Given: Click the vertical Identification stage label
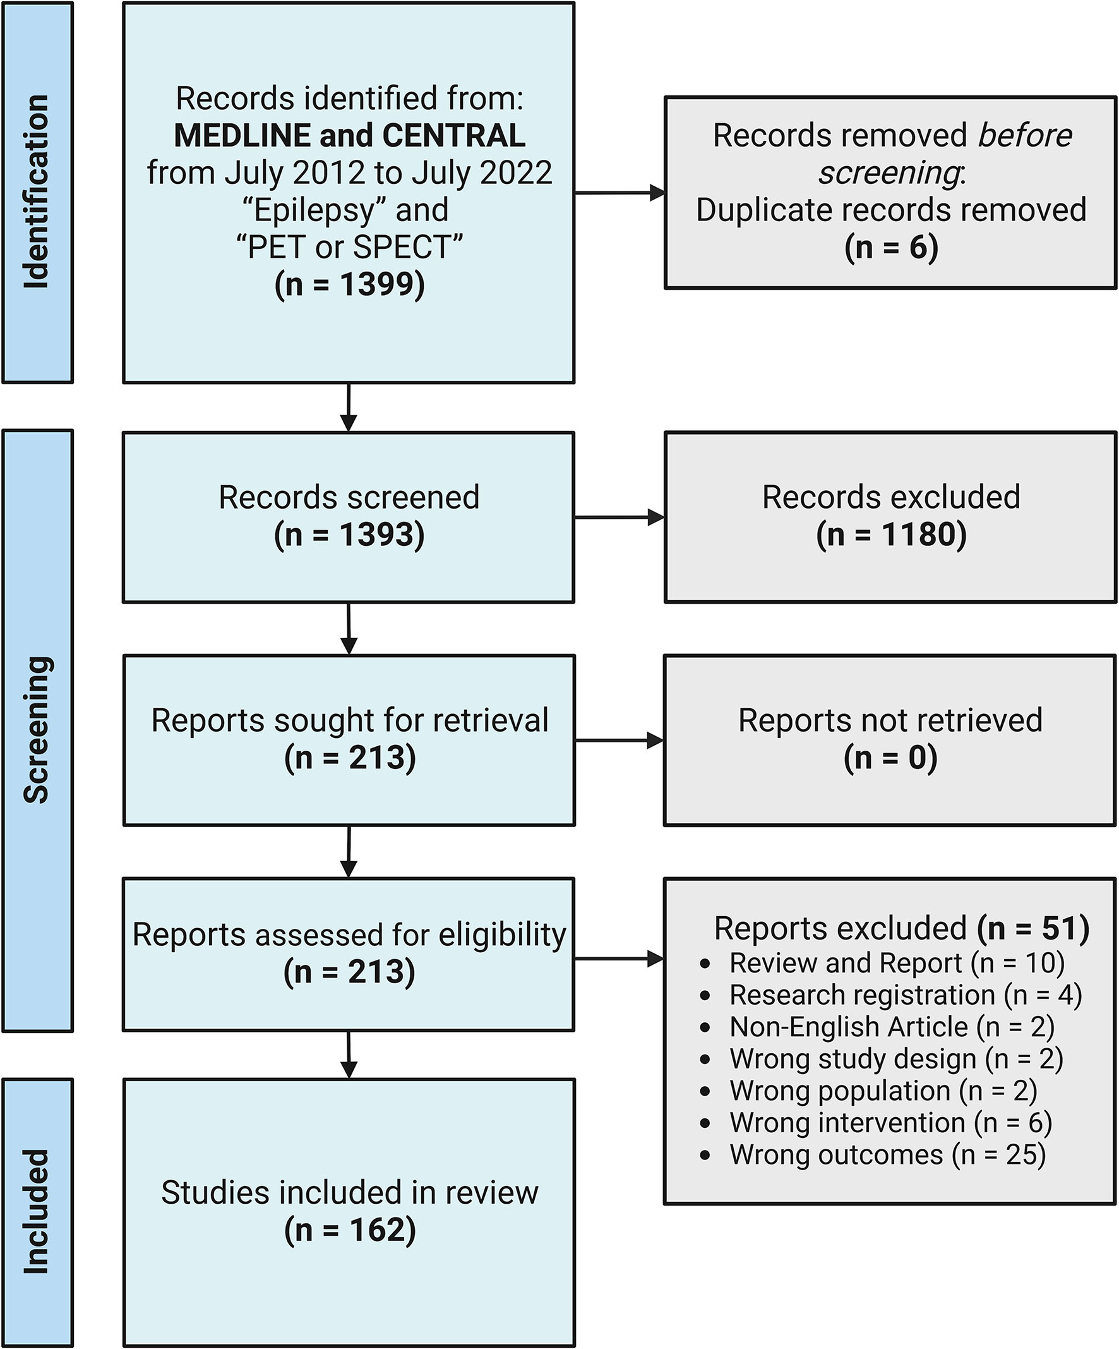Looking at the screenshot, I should click(x=37, y=191).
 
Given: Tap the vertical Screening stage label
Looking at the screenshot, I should click(x=37, y=730).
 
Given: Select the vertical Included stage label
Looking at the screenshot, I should click(x=37, y=1211).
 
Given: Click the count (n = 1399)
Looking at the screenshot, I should click(x=349, y=284).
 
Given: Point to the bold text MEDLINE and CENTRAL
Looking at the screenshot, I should click(x=349, y=136).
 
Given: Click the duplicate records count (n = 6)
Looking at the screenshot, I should click(x=891, y=247).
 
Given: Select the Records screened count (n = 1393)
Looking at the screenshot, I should click(x=349, y=535).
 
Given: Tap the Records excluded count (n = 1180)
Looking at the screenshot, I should click(x=891, y=535).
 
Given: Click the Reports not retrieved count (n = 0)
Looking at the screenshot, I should click(x=890, y=758).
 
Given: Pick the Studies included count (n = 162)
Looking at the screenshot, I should click(x=350, y=1230).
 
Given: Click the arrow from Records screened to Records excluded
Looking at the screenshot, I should click(x=619, y=517).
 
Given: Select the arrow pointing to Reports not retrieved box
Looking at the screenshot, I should click(x=619, y=741).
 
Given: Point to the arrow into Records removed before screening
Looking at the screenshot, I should click(x=619, y=192).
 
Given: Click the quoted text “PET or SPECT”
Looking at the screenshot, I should click(x=349, y=247).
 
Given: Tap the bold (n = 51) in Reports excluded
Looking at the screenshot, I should click(x=1033, y=928).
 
